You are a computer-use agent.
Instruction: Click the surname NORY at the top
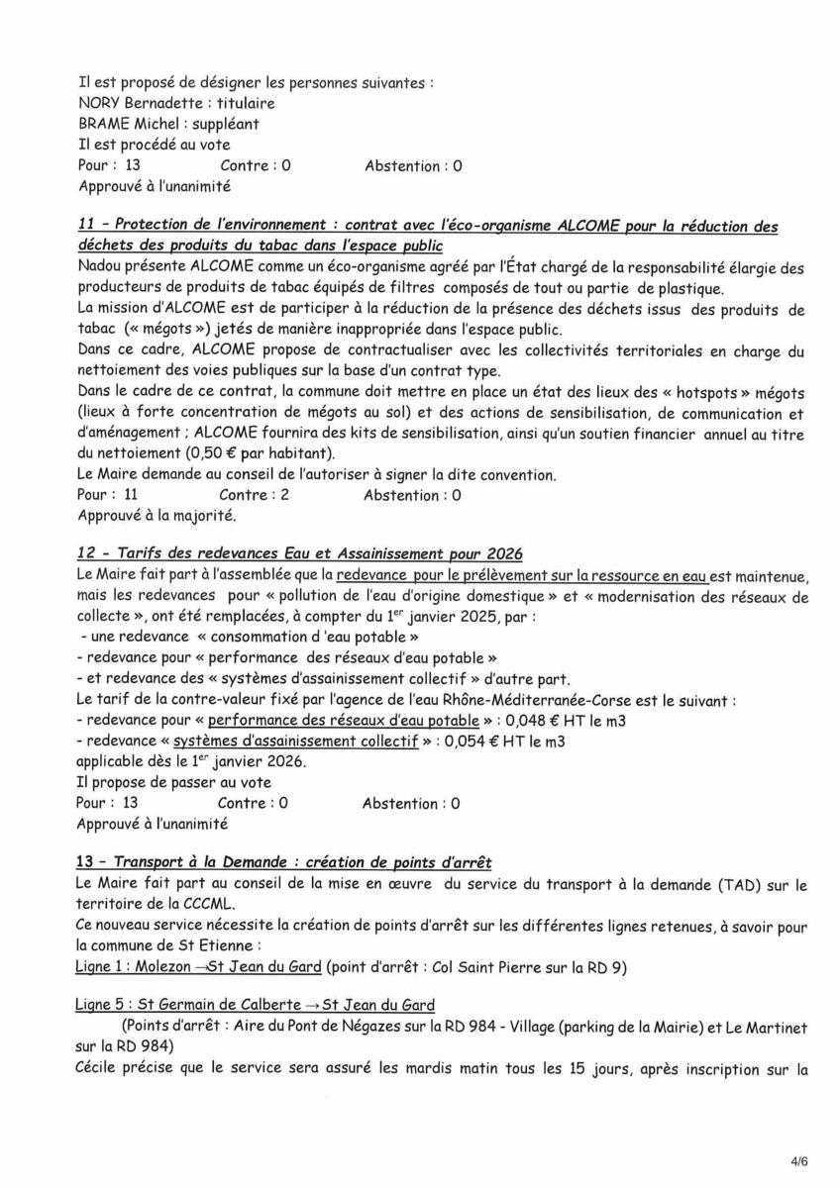point(98,103)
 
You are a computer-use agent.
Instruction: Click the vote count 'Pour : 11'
point(107,495)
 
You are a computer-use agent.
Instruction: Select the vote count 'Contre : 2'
point(254,495)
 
